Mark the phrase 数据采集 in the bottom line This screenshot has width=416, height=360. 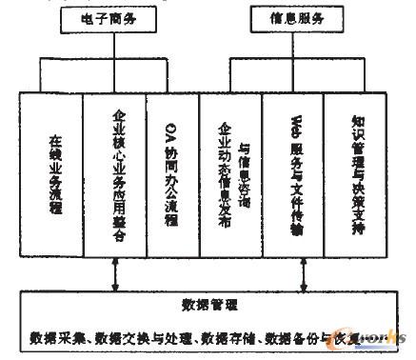coord(49,338)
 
